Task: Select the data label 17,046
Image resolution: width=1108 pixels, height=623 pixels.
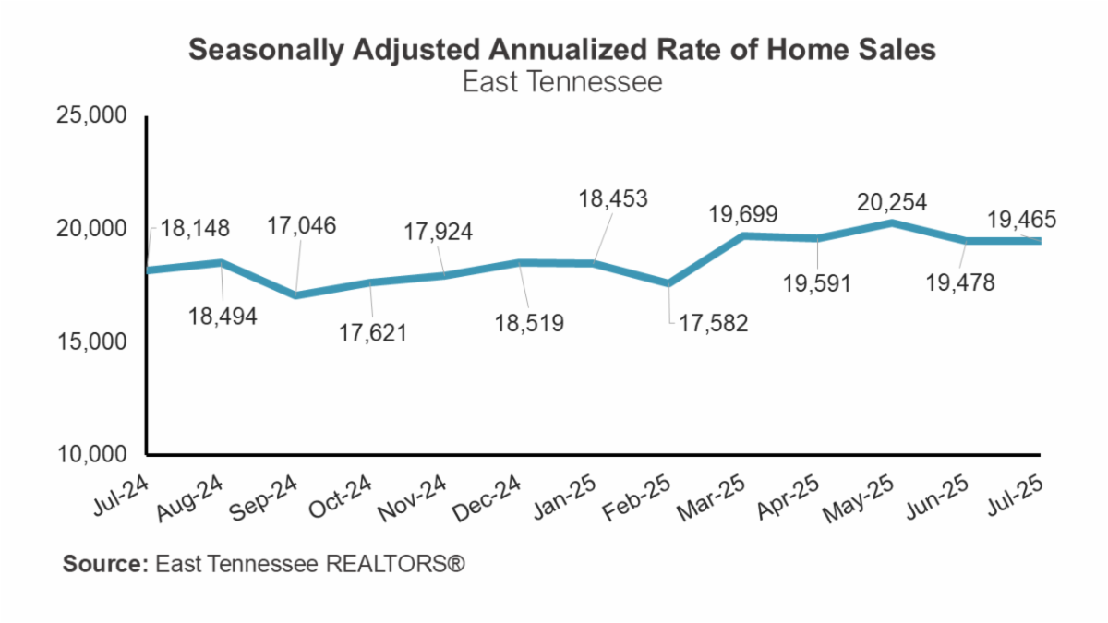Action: (x=303, y=224)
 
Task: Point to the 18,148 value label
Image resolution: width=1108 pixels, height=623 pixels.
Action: (x=196, y=228)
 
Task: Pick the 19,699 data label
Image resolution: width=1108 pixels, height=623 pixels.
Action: (x=743, y=214)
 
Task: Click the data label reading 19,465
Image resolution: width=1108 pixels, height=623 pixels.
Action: (x=1020, y=220)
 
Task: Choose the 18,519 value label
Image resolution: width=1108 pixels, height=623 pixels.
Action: (x=526, y=323)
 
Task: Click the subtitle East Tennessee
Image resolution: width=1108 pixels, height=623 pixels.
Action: (x=562, y=82)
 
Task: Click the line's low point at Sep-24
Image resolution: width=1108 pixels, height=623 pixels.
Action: (x=295, y=295)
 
